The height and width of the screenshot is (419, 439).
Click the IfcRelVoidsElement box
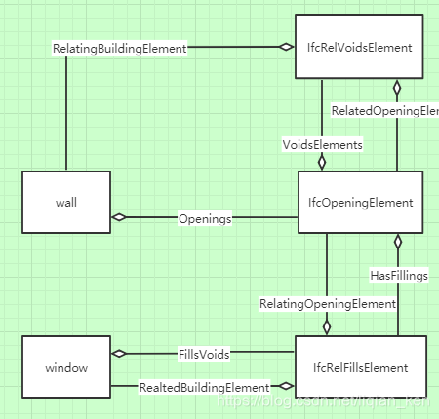[359, 47]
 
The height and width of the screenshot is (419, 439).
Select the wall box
[66, 203]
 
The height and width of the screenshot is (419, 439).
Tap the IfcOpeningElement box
[360, 203]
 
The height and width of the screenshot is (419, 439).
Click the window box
[66, 368]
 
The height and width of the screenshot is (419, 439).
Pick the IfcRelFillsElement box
[360, 368]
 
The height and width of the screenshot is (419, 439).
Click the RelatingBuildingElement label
[119, 47]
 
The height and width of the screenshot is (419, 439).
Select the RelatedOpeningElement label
[383, 111]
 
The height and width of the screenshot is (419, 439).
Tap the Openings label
[205, 219]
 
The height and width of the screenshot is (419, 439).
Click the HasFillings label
[399, 276]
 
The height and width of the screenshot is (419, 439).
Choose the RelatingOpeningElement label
[327, 304]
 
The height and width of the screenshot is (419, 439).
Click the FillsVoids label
[204, 354]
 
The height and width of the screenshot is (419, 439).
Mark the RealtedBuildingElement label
[204, 387]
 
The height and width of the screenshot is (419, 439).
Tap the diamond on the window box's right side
[119, 353]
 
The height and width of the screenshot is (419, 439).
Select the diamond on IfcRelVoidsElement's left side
[286, 47]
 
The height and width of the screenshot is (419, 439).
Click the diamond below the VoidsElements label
[321, 163]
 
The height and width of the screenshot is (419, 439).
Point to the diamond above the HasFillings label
[398, 241]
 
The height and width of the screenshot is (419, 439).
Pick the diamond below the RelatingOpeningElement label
[327, 327]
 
